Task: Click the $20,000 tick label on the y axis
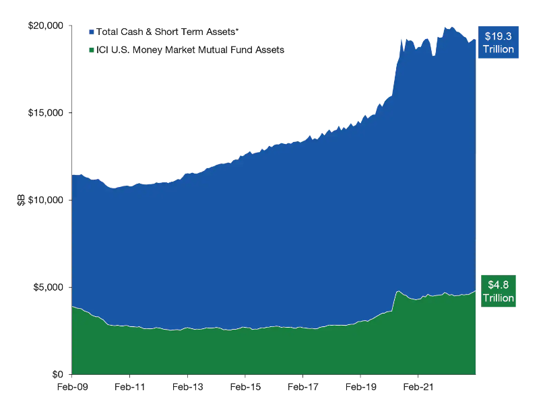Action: pos(46,26)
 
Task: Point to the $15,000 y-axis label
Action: pos(46,113)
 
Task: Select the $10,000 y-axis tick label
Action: pos(46,200)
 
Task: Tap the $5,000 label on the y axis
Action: pos(49,287)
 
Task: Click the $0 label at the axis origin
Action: pos(57,374)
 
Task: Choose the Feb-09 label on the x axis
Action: pos(72,387)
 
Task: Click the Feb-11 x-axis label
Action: pos(130,387)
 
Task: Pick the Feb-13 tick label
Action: pos(188,387)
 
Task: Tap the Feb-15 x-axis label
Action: pos(245,387)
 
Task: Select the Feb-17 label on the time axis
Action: pos(303,387)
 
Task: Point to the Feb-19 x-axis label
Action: pos(361,387)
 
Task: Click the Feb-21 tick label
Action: pos(418,387)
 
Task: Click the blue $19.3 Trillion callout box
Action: pos(499,42)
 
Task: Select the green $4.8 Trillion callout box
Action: pos(499,291)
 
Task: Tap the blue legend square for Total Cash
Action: pos(92,32)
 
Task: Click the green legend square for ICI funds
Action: pos(92,50)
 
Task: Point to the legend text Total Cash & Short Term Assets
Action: pos(168,32)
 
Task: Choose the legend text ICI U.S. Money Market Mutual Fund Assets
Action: pos(190,50)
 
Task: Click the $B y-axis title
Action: pos(21,200)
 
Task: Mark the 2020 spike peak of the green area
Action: pos(398,291)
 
